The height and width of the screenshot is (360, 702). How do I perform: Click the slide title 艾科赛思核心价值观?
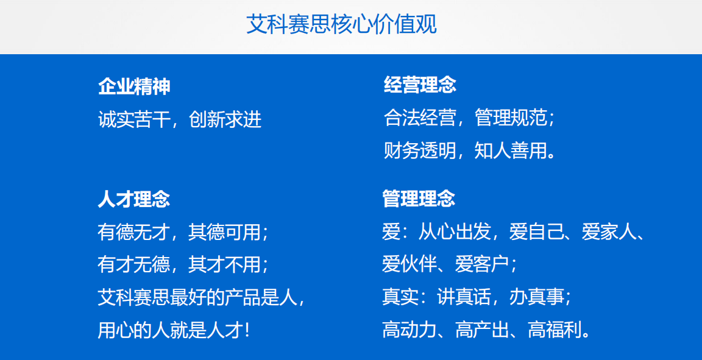click(341, 24)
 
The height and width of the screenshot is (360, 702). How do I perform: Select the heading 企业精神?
click(134, 86)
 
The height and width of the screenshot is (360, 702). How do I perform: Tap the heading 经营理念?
click(420, 85)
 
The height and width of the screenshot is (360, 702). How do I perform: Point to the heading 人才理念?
click(134, 199)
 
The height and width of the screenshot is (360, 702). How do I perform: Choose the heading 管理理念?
click(419, 199)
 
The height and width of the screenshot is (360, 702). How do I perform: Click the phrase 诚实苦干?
click(134, 119)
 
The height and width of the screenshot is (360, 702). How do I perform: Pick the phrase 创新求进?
click(225, 119)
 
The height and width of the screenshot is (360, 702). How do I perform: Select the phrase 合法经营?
click(420, 118)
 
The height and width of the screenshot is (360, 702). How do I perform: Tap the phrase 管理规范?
click(511, 118)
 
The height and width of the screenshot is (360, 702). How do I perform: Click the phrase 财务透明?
click(420, 150)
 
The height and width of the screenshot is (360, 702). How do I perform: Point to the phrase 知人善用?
click(511, 150)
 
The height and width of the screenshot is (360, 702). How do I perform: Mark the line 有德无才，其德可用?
click(179, 232)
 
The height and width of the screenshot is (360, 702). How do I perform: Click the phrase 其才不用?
click(224, 264)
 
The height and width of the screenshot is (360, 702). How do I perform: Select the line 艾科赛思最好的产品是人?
click(197, 297)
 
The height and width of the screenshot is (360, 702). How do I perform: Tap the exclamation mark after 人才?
click(247, 331)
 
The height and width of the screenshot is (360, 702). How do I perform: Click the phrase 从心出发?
click(455, 232)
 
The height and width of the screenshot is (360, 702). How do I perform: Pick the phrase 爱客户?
click(482, 264)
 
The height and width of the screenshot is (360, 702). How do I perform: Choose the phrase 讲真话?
click(464, 297)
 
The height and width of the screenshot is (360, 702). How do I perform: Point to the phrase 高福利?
click(555, 330)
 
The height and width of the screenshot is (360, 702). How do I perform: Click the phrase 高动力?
click(409, 330)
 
